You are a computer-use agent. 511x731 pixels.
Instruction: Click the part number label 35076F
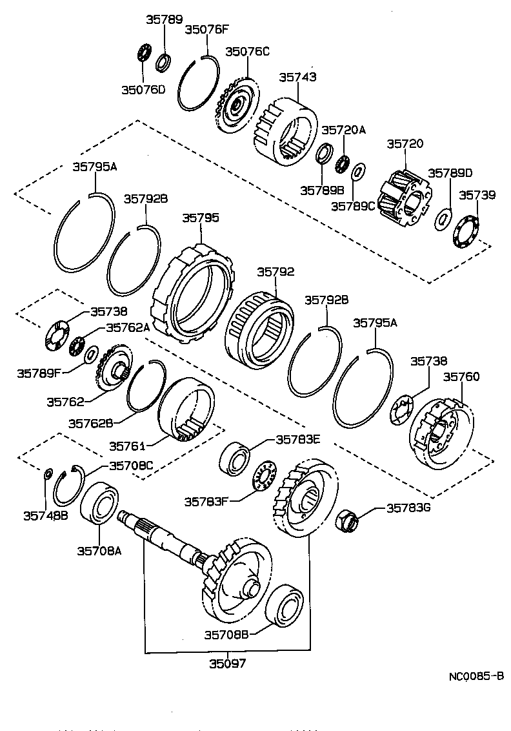pyautogui.click(x=206, y=29)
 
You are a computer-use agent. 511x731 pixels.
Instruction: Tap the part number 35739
pyautogui.click(x=477, y=195)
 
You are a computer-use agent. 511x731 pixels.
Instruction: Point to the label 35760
pyautogui.click(x=461, y=376)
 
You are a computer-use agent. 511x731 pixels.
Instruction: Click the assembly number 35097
pyautogui.click(x=227, y=663)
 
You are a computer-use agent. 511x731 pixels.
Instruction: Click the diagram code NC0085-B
pyautogui.click(x=476, y=676)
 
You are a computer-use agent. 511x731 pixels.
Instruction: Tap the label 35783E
pyautogui.click(x=298, y=439)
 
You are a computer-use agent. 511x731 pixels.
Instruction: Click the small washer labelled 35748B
pyautogui.click(x=48, y=475)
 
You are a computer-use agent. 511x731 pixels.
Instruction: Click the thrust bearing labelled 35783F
pyautogui.click(x=263, y=479)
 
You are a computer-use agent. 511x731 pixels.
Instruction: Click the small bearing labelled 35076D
pyautogui.click(x=145, y=52)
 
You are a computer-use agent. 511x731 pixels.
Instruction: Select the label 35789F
pyautogui.click(x=39, y=373)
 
